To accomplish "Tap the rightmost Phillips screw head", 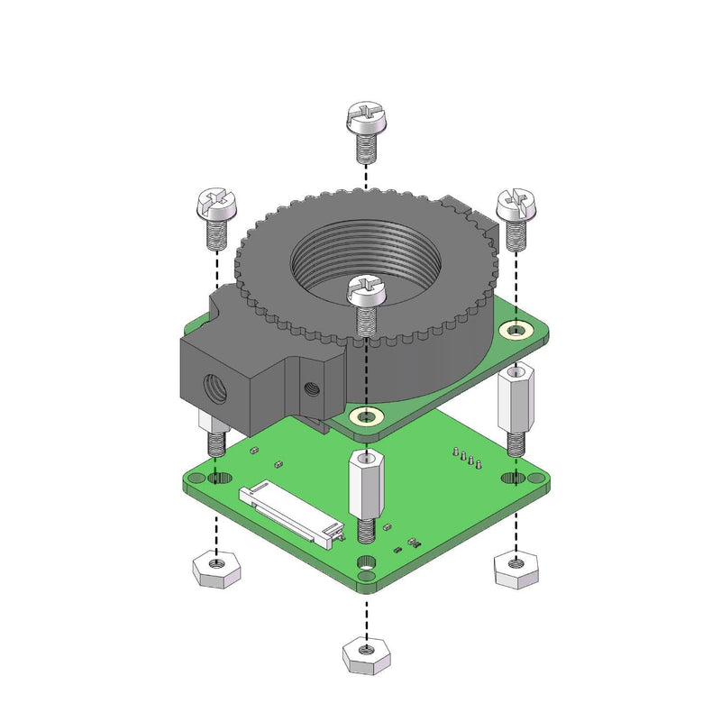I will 516,206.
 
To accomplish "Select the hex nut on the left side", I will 215,570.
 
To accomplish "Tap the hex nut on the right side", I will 516,569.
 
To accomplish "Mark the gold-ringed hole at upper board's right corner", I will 515,331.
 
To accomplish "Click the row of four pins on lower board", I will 468,460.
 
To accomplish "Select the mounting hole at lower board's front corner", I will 367,564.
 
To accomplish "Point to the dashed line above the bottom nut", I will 366,613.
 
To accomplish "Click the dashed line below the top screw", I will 365,176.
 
